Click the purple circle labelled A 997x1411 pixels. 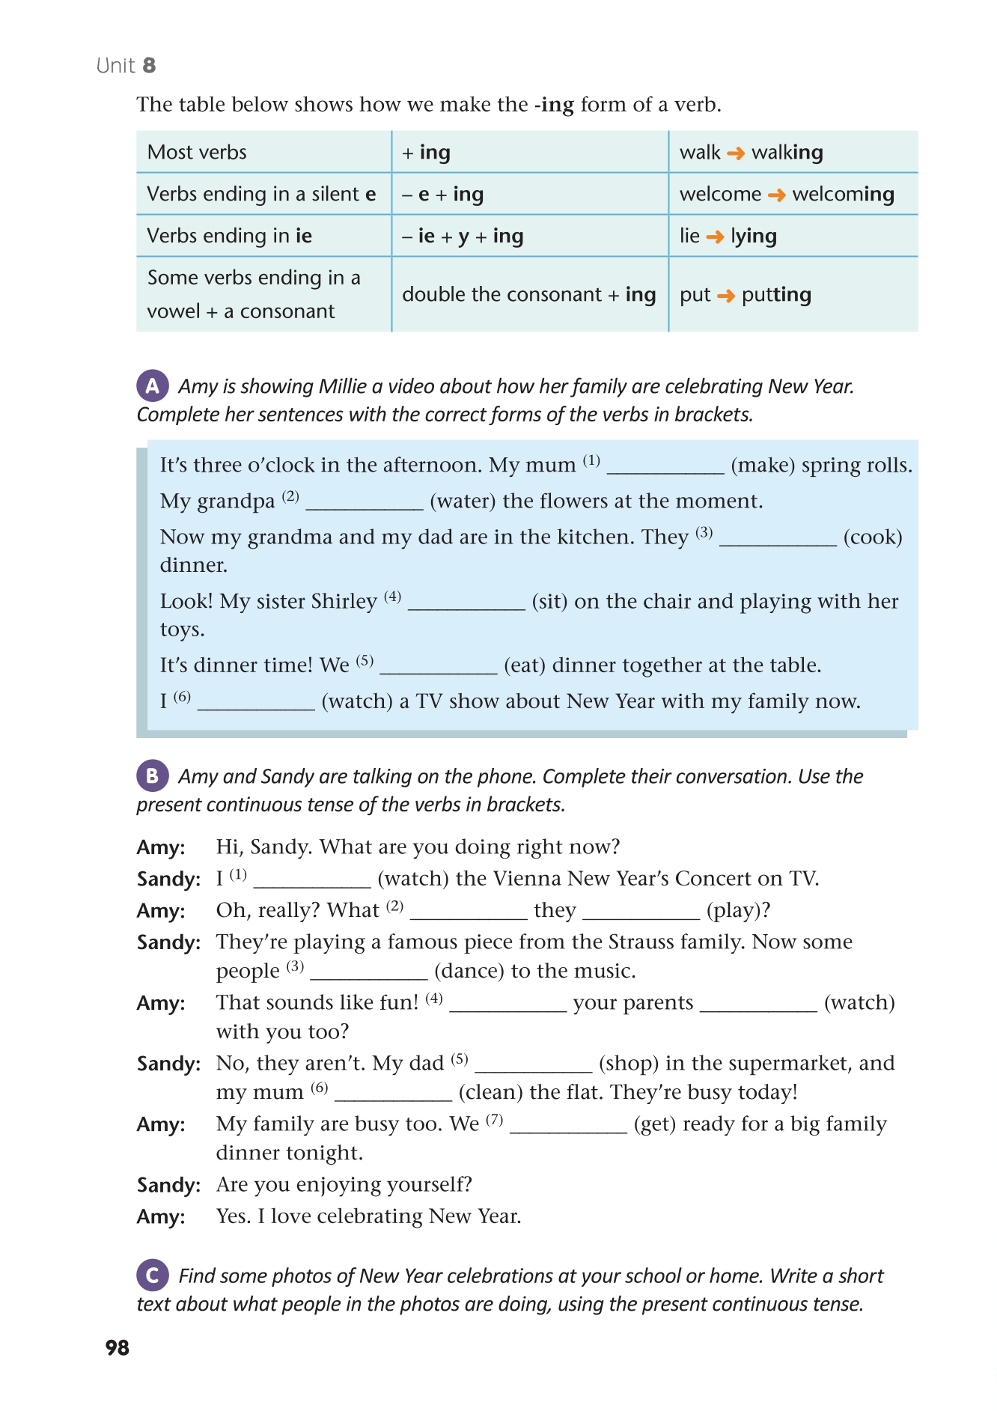coord(152,386)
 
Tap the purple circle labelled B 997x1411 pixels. coord(152,776)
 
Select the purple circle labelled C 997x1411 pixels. coord(152,1276)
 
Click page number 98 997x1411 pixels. coord(118,1348)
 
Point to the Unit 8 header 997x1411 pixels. coord(126,66)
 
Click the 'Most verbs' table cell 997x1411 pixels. coord(197,153)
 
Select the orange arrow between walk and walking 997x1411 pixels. coord(736,153)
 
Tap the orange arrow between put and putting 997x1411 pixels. coord(725,296)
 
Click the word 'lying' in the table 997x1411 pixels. coord(754,237)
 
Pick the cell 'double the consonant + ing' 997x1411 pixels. coord(528,295)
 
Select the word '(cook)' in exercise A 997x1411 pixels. coord(873,537)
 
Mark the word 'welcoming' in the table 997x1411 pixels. coord(843,195)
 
